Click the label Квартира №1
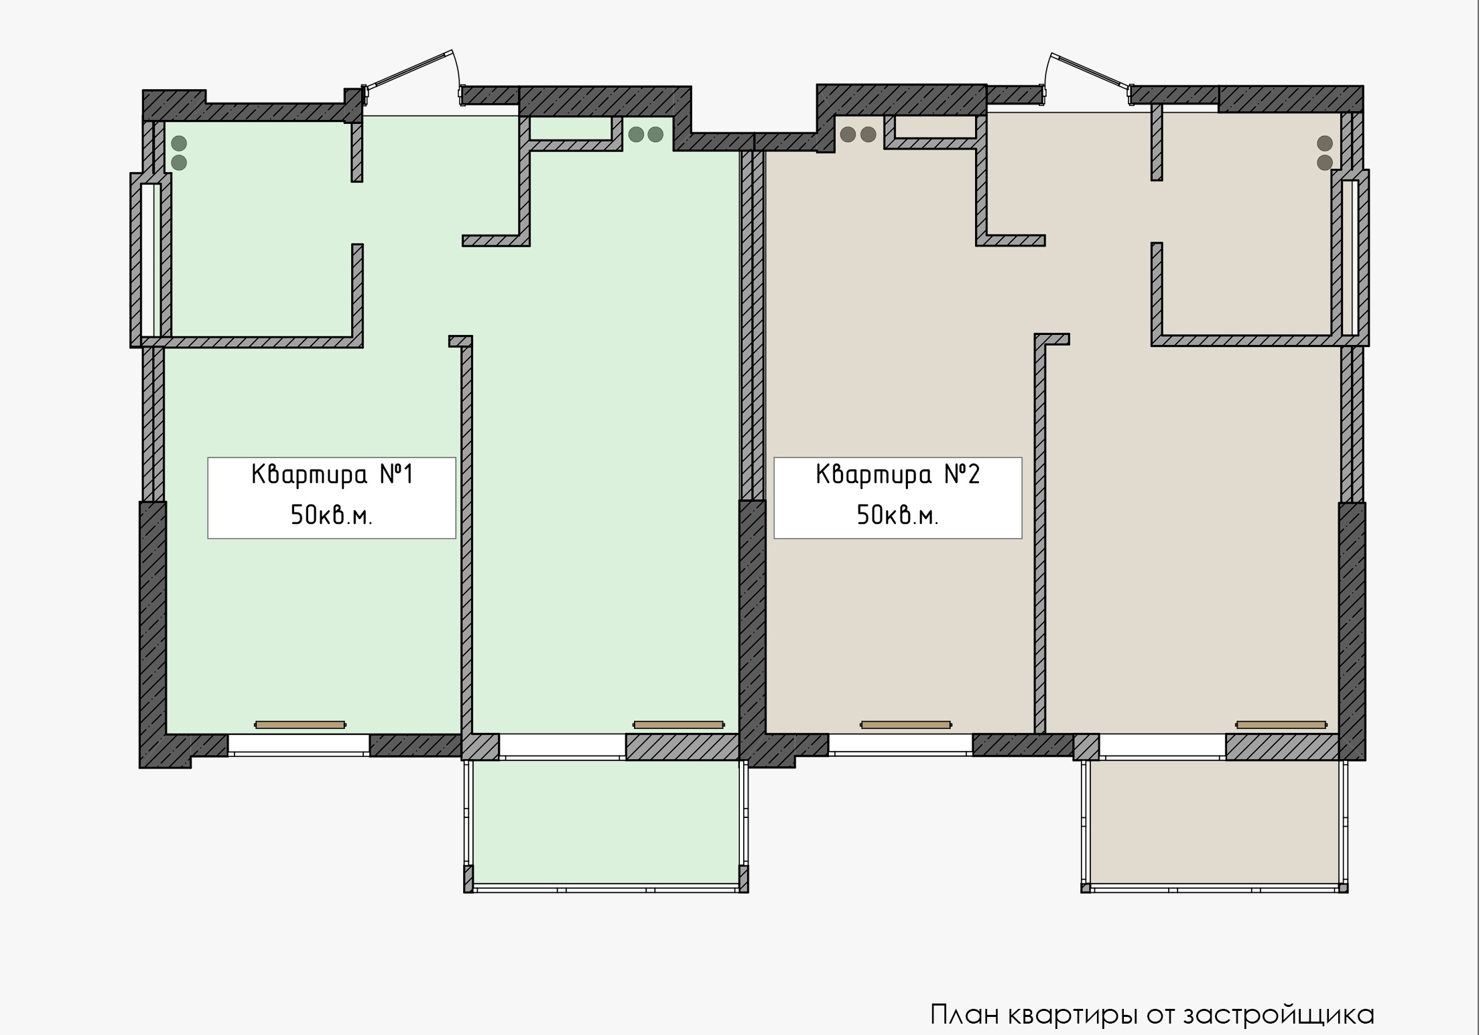coord(332,475)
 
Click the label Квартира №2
coord(898,475)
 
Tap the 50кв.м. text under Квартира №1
coord(331,516)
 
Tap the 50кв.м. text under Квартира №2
coord(897,516)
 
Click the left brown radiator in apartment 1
coord(300,725)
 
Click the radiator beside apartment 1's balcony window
coord(679,725)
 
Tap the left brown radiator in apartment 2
coord(905,725)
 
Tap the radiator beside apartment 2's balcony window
coord(1281,725)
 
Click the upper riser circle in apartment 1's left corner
coord(179,143)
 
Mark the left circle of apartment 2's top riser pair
coord(848,135)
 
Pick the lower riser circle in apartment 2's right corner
coord(1325,162)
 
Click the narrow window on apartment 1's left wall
coord(151,259)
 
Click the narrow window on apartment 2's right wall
coord(1350,257)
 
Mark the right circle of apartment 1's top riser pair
coord(655,135)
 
